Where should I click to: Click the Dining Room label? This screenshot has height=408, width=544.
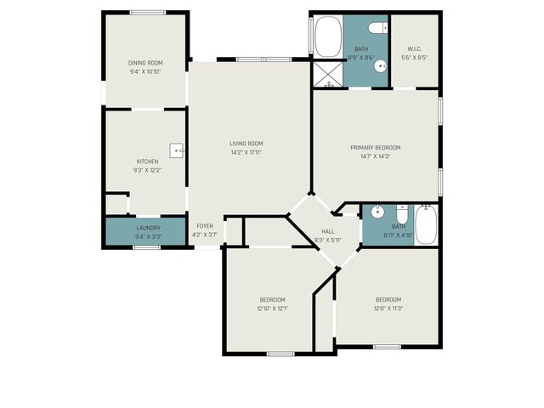(x=145, y=63)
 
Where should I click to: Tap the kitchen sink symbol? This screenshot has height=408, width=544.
(x=177, y=151)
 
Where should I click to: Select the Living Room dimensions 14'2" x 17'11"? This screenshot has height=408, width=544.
(x=246, y=153)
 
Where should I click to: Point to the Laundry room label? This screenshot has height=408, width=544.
(x=147, y=227)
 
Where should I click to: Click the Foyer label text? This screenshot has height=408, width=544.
(x=205, y=226)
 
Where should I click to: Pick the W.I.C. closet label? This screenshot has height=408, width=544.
(x=415, y=49)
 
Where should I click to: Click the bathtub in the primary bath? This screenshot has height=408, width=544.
(x=327, y=38)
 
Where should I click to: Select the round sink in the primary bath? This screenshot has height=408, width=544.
(x=380, y=64)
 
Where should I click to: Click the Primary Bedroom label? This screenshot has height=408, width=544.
(x=376, y=147)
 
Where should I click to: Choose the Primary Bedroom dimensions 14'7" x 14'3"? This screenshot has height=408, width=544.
(x=376, y=156)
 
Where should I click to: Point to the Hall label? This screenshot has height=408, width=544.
(x=327, y=231)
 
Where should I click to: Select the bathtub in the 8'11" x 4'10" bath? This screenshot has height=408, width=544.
(x=427, y=224)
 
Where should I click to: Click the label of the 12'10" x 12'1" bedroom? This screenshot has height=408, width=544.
(x=272, y=299)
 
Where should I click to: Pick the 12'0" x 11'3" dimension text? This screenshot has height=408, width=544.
(x=388, y=309)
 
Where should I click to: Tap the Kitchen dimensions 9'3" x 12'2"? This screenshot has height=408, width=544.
(x=148, y=170)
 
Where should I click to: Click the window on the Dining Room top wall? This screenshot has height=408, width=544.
(x=148, y=13)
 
